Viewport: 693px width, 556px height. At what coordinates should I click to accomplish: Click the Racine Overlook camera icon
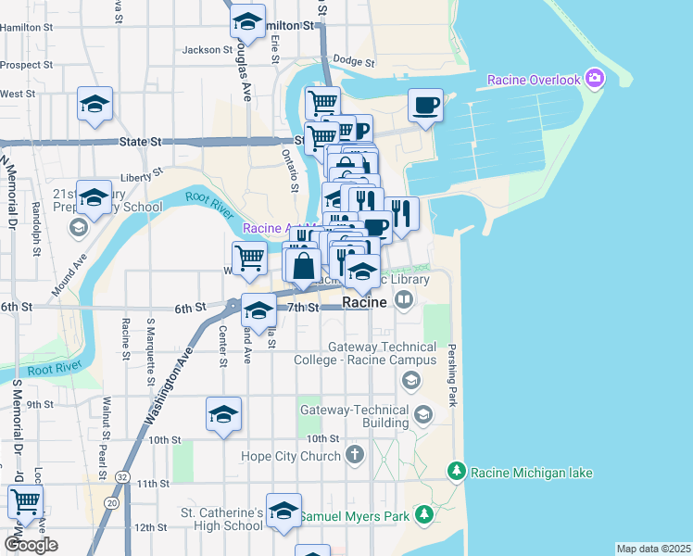594,79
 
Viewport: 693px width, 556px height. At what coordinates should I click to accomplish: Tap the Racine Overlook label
535,80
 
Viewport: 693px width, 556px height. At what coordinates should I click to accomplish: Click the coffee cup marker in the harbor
425,106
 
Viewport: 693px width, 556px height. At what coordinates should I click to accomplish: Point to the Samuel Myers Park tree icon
423,513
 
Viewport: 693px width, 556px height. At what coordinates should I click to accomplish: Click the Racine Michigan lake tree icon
456,473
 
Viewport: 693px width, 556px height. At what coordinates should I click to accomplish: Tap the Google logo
31,544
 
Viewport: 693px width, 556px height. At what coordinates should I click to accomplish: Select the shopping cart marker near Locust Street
25,503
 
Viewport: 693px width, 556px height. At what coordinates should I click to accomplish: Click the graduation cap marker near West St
94,105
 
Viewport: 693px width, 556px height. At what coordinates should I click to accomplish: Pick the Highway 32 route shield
122,476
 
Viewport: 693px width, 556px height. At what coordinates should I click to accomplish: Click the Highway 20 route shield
111,502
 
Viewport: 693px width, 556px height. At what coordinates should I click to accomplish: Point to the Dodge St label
353,64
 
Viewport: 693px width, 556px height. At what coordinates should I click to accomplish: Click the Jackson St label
207,50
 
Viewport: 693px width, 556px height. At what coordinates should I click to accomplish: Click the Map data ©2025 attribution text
653,549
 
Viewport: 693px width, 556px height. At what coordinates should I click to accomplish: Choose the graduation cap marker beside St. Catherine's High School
283,511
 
